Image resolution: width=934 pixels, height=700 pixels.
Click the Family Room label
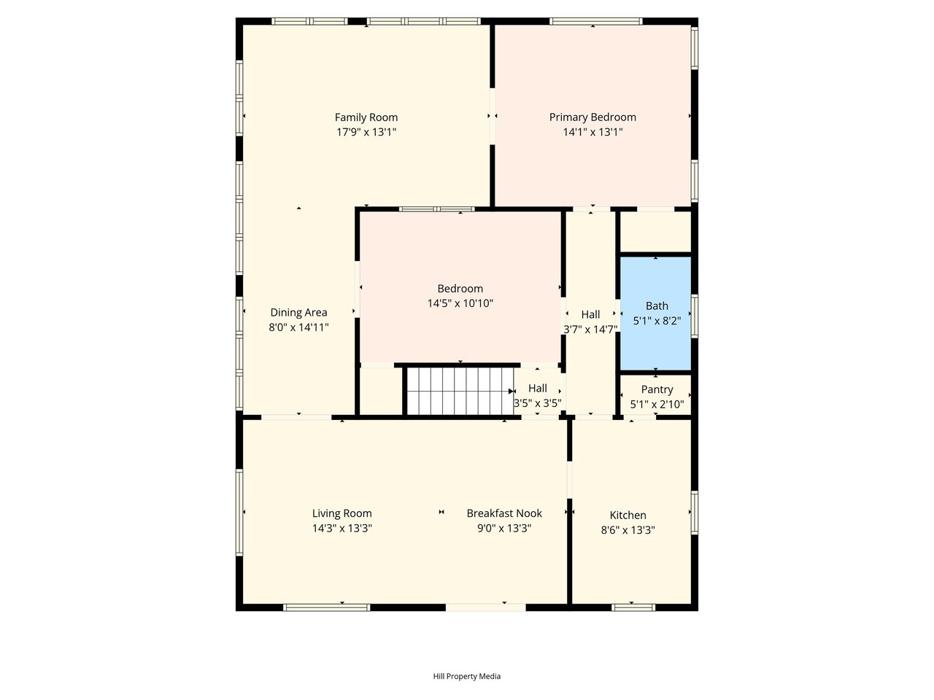pos(366,117)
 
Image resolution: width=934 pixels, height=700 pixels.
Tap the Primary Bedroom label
pos(593,117)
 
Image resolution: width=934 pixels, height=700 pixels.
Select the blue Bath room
pos(655,314)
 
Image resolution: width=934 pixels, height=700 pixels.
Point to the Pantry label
pos(657,389)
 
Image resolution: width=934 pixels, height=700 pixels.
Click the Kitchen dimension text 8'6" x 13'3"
pos(628,530)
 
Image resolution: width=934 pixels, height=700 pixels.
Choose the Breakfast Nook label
pos(504,513)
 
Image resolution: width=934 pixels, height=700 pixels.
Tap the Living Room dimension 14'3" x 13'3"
pos(341,529)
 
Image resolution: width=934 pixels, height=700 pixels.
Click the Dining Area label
pos(298,313)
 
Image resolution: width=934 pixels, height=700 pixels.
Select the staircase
pos(460,391)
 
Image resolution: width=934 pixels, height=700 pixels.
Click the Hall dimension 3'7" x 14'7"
pos(590,330)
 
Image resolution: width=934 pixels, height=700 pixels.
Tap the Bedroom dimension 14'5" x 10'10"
pos(460,303)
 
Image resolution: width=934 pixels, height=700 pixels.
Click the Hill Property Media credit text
pos(467,676)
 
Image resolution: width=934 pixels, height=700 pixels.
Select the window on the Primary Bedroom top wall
pos(595,21)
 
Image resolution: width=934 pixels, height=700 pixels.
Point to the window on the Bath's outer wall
pos(695,316)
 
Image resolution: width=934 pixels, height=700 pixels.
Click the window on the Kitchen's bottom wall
pos(633,608)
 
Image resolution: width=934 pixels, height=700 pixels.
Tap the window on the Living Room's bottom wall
pos(326,608)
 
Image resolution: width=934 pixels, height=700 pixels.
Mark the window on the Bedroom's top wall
pos(436,209)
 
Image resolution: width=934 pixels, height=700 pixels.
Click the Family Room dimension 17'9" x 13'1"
pos(366,132)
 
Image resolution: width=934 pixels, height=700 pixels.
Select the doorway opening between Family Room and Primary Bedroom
pos(493,116)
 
